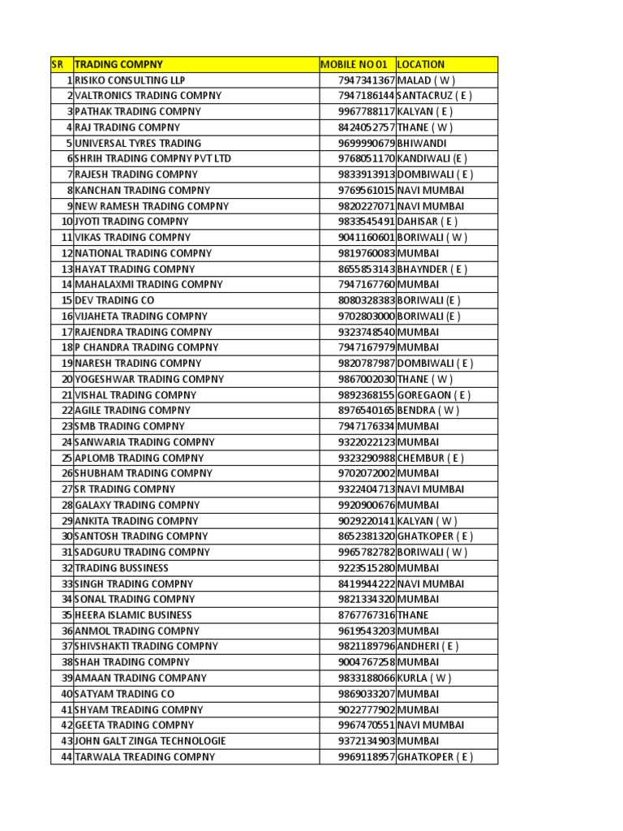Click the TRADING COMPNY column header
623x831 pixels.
pyautogui.click(x=118, y=64)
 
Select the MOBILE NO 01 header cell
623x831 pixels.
pyautogui.click(x=354, y=64)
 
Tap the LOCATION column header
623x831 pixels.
pyautogui.click(x=421, y=64)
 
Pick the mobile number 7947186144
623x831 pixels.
pyautogui.click(x=367, y=96)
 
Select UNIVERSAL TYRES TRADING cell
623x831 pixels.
pyautogui.click(x=138, y=143)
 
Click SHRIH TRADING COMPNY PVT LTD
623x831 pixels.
pyautogui.click(x=153, y=158)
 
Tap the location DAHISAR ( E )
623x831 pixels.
pyautogui.click(x=428, y=222)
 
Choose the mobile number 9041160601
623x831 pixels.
pyautogui.click(x=367, y=238)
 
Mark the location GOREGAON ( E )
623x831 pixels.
pyautogui.click(x=434, y=395)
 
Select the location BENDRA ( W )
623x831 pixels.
pyautogui.click(x=428, y=411)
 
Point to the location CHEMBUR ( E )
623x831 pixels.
pyautogui.click(x=431, y=458)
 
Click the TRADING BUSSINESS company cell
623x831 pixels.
pyautogui.click(x=122, y=568)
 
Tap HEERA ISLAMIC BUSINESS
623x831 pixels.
pyautogui.click(x=134, y=615)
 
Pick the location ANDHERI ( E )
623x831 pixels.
pyautogui.click(x=428, y=647)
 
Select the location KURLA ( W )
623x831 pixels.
pyautogui.click(x=424, y=678)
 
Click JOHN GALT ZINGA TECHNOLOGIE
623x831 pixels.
pyautogui.click(x=150, y=741)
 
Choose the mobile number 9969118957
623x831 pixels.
pyautogui.click(x=367, y=757)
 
